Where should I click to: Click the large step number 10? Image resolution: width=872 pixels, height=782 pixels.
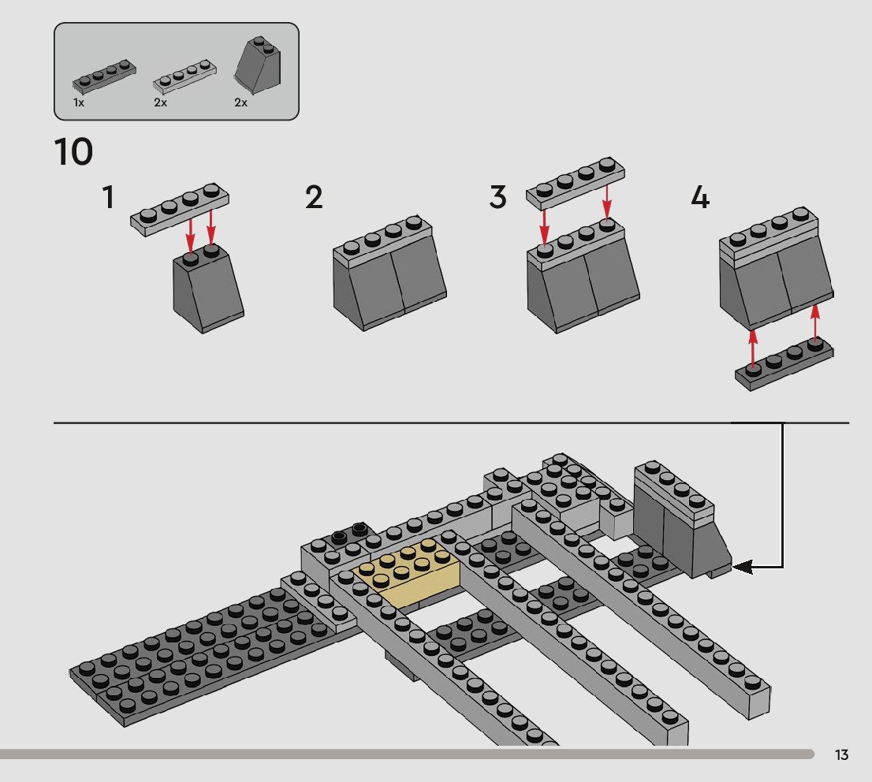click(x=73, y=152)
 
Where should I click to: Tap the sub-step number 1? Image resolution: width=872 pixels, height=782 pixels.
click(x=109, y=197)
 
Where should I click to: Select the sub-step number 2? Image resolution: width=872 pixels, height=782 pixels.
click(x=314, y=197)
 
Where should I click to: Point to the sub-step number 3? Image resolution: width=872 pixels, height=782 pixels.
click(x=497, y=197)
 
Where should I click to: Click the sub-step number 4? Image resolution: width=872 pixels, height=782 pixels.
click(x=700, y=197)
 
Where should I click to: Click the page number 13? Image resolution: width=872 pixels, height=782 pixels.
click(x=841, y=754)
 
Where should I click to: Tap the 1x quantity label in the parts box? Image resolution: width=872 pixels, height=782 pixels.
click(x=78, y=103)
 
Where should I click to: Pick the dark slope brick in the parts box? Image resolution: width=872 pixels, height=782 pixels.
click(x=258, y=65)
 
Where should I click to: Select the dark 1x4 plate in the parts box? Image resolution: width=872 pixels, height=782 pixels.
click(x=104, y=76)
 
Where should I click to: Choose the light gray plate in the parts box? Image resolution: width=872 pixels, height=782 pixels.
click(x=184, y=76)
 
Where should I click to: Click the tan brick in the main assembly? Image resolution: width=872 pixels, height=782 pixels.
click(x=406, y=574)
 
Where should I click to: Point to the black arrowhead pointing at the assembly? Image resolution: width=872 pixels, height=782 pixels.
click(x=743, y=568)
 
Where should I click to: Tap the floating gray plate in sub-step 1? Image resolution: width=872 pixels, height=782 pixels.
click(x=180, y=210)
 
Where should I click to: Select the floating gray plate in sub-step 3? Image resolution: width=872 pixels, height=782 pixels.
click(x=576, y=184)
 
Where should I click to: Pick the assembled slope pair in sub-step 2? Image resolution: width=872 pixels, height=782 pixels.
click(x=389, y=274)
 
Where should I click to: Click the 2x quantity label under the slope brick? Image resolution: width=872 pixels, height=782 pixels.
click(x=240, y=103)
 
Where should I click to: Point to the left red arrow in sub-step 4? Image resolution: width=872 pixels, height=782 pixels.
click(x=753, y=348)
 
